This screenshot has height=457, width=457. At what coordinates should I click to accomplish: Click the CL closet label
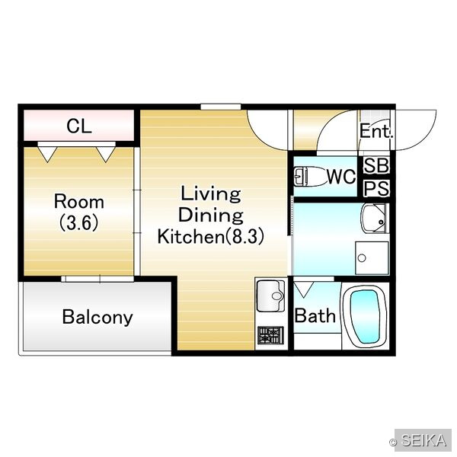79,126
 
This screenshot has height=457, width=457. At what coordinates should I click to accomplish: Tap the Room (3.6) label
79,213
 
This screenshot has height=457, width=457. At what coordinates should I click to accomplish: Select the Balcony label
97,317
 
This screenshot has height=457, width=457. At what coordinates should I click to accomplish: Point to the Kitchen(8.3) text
211,236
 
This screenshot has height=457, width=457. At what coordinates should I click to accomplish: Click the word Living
211,193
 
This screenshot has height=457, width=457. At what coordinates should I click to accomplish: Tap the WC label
341,176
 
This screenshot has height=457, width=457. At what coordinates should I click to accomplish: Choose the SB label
376,165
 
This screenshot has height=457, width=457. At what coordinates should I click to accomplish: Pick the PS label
376,188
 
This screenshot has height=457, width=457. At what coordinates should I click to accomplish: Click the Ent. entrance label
376,131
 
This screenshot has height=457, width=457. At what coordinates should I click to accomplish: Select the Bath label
315,315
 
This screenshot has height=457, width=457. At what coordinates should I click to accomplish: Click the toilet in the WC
310,177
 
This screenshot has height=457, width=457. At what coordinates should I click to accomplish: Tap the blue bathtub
365,317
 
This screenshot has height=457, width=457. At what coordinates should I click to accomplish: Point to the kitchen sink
270,296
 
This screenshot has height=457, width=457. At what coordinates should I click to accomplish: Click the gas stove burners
270,335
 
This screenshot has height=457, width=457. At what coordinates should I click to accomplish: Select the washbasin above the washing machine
375,218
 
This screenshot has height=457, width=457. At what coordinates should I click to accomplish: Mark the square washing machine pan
372,258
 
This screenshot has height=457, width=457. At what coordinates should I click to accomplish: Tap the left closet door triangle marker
47,155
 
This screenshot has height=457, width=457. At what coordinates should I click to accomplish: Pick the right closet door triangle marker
106,155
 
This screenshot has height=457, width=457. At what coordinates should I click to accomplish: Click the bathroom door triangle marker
304,289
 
